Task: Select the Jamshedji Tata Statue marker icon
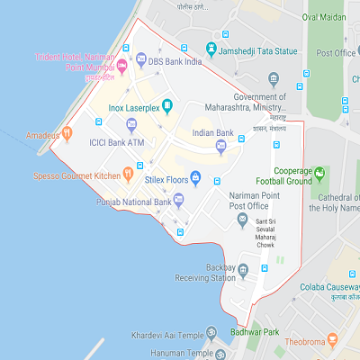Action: click(x=211, y=49)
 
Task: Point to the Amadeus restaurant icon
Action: click(x=67, y=135)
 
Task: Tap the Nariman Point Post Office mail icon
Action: click(x=242, y=218)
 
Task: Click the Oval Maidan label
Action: click(x=323, y=16)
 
